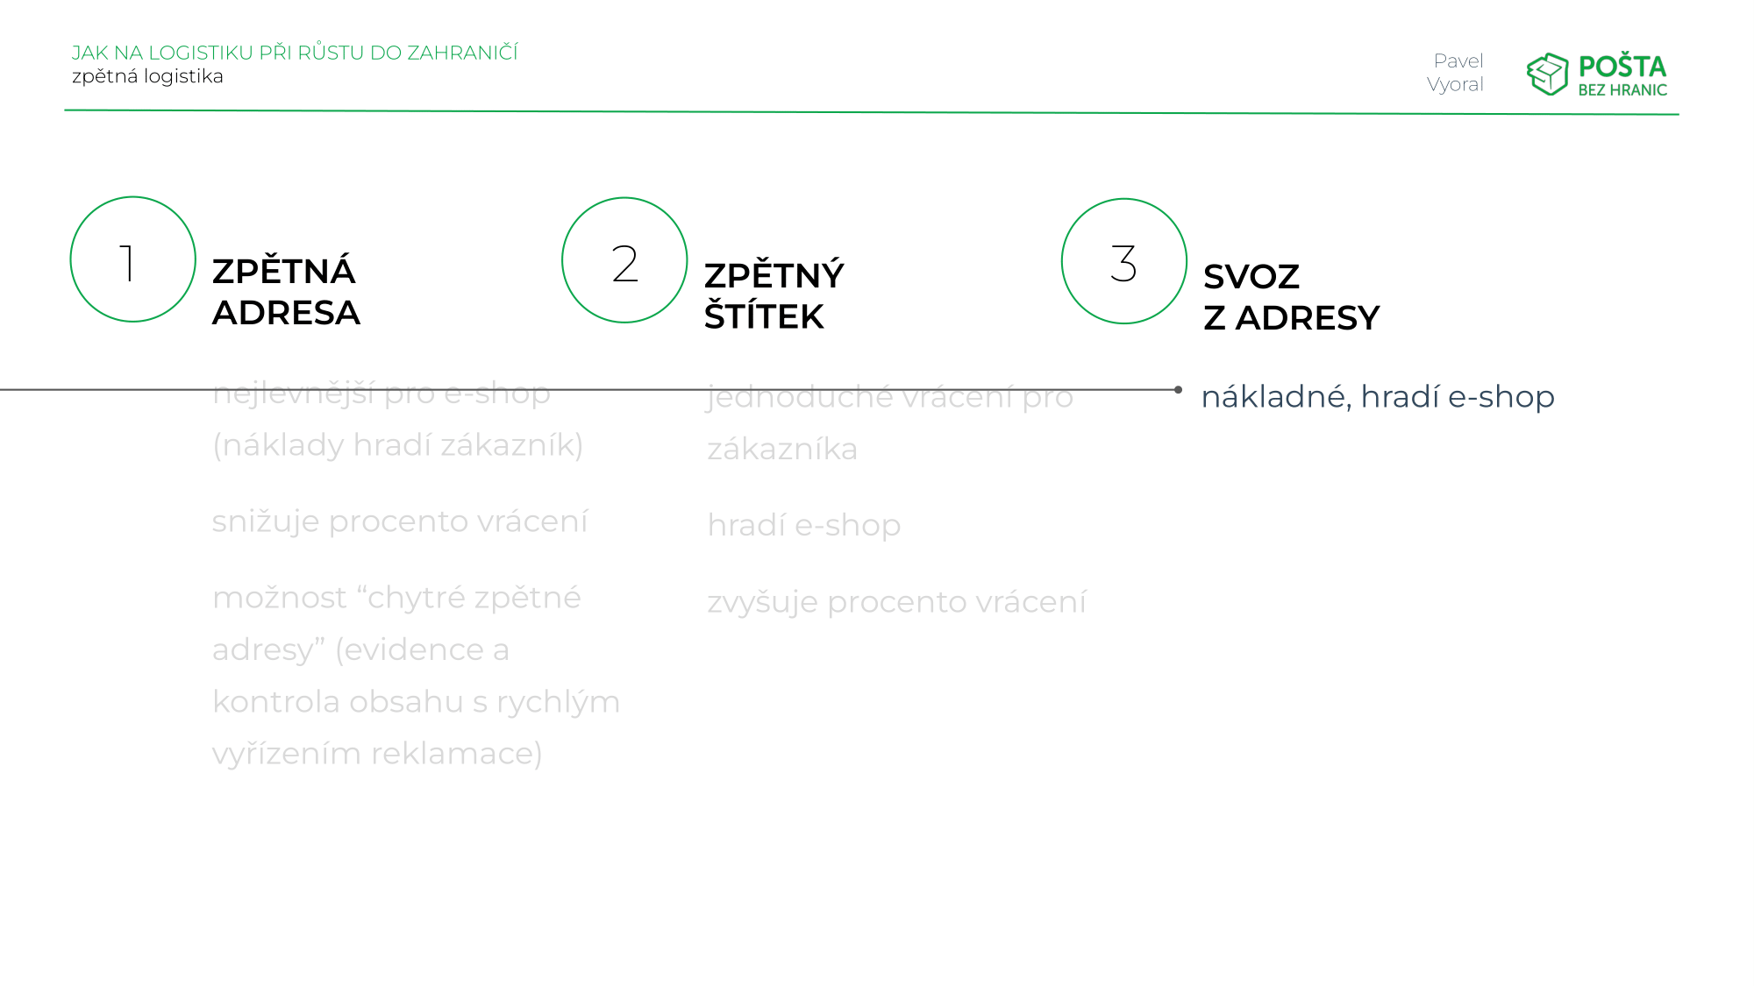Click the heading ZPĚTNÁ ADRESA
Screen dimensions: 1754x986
pos(286,292)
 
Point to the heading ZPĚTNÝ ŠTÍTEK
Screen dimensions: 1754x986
pos(774,295)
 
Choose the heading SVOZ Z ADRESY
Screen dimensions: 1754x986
pos(1291,297)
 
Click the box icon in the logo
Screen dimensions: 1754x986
pos(1547,74)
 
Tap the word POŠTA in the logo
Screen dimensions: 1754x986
pos(1622,67)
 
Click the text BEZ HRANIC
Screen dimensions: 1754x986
pos(1622,90)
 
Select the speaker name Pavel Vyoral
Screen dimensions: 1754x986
pos(1456,73)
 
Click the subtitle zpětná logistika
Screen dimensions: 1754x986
pos(147,76)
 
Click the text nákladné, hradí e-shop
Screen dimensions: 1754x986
pos(1378,397)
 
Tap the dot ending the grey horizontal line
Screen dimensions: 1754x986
pos(1178,389)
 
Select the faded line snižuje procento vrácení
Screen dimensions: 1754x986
pos(400,521)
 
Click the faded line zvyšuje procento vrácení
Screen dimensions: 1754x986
pos(896,602)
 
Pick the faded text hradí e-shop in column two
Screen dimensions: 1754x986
pos(804,526)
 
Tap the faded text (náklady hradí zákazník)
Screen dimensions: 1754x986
pos(398,445)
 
